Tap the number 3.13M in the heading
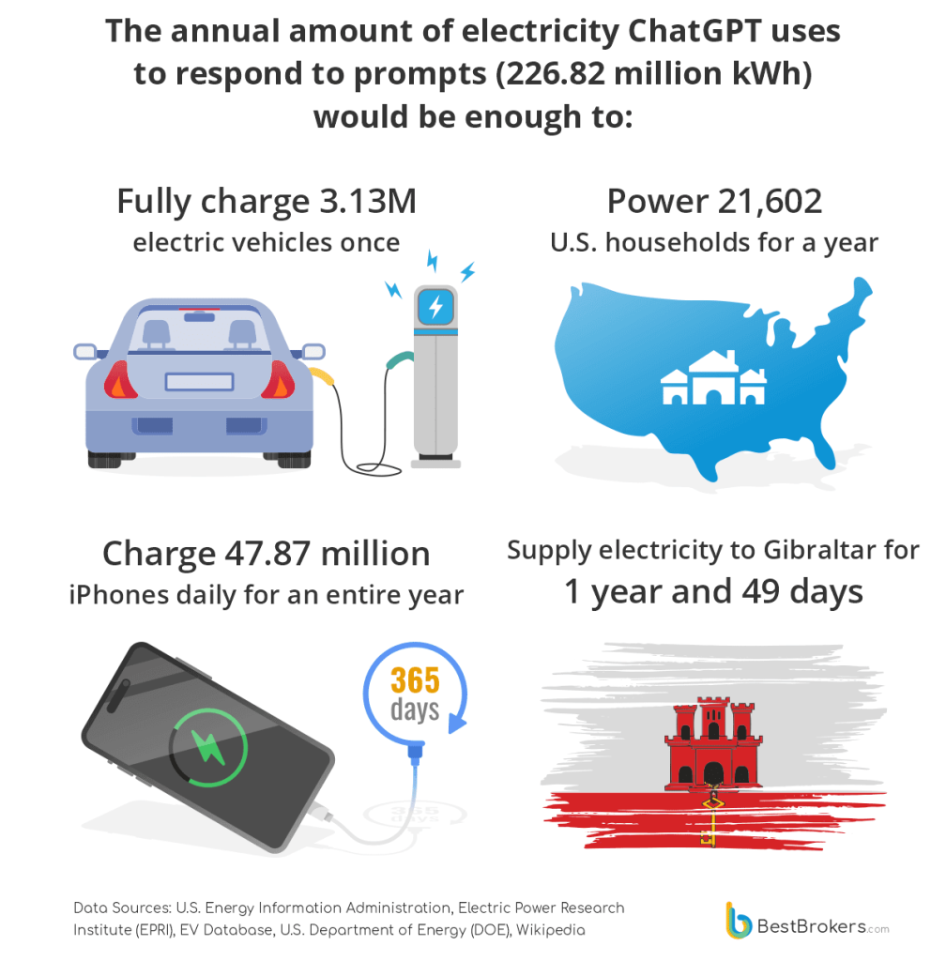(x=363, y=201)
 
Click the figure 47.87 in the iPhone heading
(x=264, y=553)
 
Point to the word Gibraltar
(x=810, y=549)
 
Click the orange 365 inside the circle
(x=415, y=679)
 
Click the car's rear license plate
(x=199, y=382)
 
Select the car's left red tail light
(x=120, y=380)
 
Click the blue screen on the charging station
(x=435, y=307)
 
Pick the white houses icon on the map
(x=713, y=379)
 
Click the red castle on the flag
(x=713, y=745)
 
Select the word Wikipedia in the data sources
(x=554, y=930)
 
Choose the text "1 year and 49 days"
(x=713, y=592)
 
